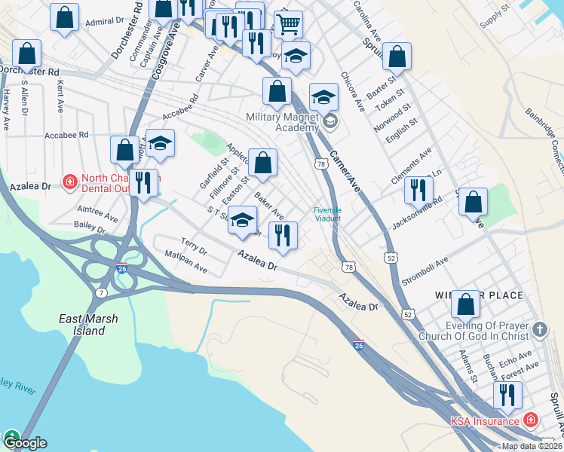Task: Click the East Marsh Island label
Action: pos(89,325)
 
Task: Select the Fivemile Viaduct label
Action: pos(328,214)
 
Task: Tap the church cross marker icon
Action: pos(539,329)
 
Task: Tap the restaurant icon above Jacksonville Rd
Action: pos(418,191)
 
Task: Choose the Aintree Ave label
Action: pos(97,211)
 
